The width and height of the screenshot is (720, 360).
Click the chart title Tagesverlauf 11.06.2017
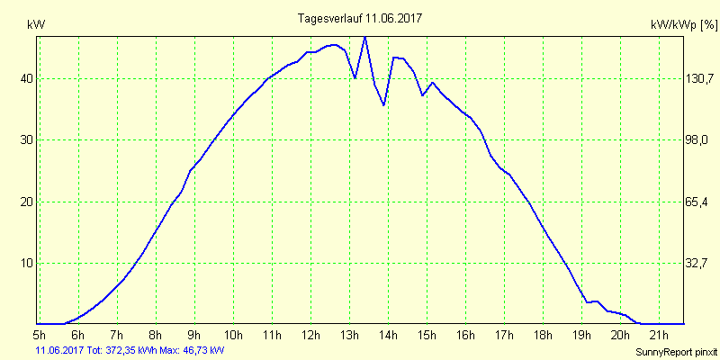pyautogui.click(x=360, y=18)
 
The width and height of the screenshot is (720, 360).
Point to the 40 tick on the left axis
pyautogui.click(x=27, y=78)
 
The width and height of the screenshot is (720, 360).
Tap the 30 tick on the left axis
pyautogui.click(x=27, y=140)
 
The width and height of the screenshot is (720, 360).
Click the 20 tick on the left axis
pyautogui.click(x=27, y=202)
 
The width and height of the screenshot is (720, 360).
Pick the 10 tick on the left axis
pyautogui.click(x=27, y=263)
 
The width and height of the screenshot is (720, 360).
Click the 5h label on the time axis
pyautogui.click(x=40, y=336)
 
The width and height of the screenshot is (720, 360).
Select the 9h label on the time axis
pyautogui.click(x=194, y=336)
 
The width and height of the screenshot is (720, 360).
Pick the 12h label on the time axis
pyautogui.click(x=310, y=336)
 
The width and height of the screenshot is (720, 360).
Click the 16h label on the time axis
pyautogui.click(x=465, y=336)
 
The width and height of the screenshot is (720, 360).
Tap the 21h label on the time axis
pyautogui.click(x=659, y=336)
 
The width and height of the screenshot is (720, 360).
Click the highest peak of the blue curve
pyautogui.click(x=364, y=37)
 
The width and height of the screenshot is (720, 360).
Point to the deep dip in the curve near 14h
pyautogui.click(x=384, y=105)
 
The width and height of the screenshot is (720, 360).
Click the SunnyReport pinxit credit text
pyautogui.click(x=676, y=350)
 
